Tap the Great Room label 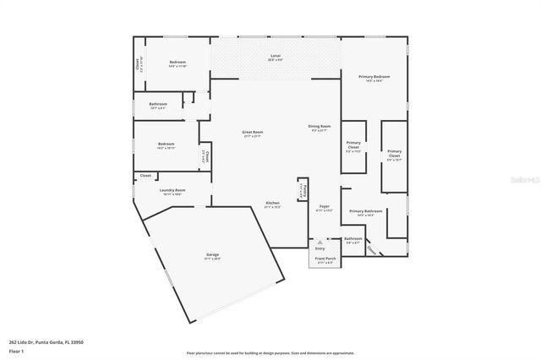252,133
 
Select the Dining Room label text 320,127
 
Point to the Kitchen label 273,204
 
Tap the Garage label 213,255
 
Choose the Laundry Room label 172,191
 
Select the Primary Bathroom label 366,211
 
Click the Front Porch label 325,259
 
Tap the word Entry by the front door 320,248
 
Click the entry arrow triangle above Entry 320,240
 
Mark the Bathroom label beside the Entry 352,239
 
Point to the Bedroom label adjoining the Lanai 178,63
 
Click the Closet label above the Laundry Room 145,176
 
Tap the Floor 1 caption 15,351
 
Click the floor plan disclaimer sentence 270,352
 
